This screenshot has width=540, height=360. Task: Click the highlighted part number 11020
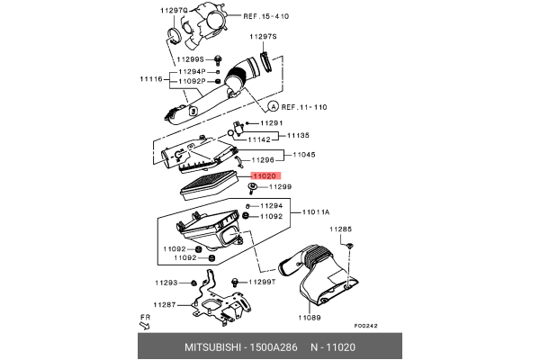click(265, 177)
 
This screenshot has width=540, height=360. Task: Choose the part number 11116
click(150, 80)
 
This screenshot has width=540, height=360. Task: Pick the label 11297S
click(264, 37)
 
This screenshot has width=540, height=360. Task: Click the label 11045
click(303, 154)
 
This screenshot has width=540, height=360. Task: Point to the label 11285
click(340, 229)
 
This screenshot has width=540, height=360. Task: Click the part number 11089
click(310, 318)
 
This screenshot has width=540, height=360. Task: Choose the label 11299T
click(260, 283)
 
